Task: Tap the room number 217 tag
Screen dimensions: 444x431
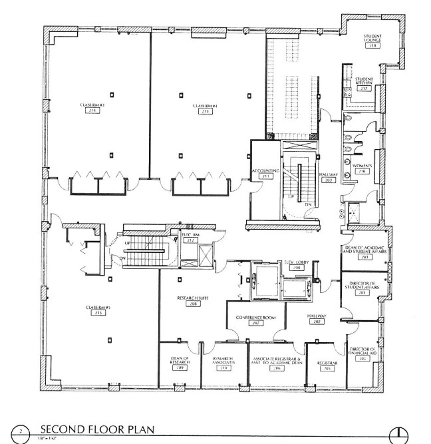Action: [x=364, y=87]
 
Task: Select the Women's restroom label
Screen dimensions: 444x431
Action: [x=362, y=166]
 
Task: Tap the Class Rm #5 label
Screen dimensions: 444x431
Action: [x=97, y=307]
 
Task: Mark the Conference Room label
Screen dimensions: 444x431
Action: [x=255, y=318]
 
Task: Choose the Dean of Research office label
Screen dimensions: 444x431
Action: [x=178, y=360]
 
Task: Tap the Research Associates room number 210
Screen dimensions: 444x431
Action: [x=223, y=367]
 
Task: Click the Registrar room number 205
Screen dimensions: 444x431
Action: [x=324, y=367]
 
